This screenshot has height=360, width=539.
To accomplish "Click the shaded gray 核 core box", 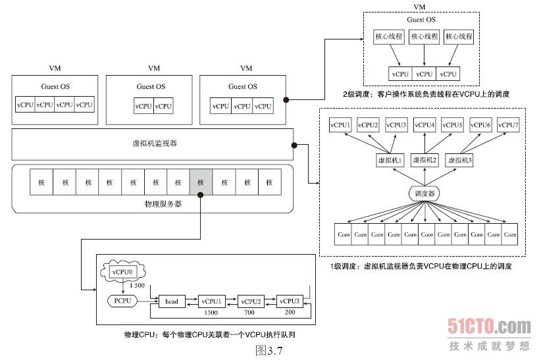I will point(201,182).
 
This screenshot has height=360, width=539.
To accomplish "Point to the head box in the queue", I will point(172,301).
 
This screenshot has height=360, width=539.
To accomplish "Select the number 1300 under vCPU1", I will point(211,313).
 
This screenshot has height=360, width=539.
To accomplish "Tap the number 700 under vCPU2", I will point(250,313).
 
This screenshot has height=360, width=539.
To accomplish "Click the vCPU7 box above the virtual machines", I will point(508,125).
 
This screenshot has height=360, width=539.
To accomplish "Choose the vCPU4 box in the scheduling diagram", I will point(424,125).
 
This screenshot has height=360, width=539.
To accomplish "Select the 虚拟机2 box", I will point(424,160).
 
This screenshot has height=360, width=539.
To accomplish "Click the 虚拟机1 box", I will point(389,160).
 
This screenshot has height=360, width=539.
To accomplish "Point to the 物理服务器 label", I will point(163,204).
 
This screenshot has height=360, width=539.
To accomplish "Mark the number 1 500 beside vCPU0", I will point(137,286).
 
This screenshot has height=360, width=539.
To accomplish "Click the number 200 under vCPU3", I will point(290,313).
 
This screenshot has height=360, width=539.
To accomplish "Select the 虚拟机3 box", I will point(460,160).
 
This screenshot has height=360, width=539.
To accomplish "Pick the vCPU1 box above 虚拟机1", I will point(340,125).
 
